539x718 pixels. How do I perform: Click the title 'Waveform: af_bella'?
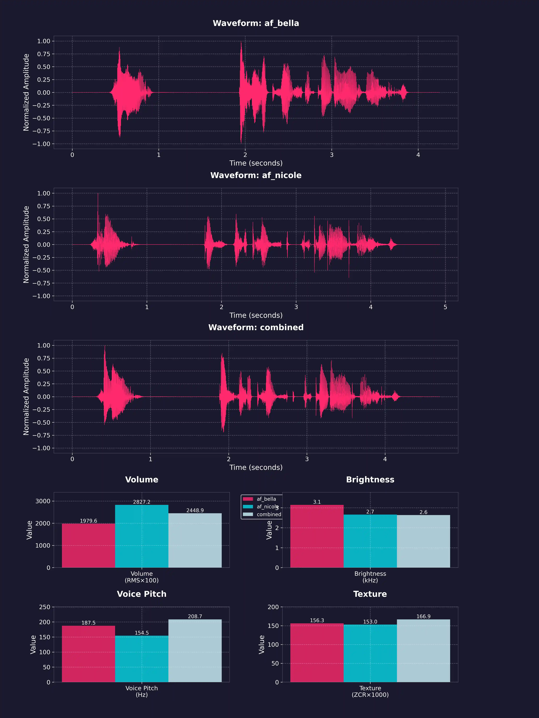point(256,23)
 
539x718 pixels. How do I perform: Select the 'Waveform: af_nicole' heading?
point(256,175)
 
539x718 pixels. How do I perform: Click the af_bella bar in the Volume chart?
point(88,545)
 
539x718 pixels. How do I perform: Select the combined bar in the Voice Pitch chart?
point(195,651)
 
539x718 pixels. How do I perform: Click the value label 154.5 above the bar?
point(142,633)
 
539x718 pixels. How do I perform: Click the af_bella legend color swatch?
point(248,499)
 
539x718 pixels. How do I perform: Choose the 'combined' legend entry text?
point(269,514)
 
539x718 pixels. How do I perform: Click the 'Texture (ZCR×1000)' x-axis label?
point(370,691)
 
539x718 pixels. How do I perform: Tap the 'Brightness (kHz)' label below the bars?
point(370,577)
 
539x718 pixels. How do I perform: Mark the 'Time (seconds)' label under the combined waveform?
point(256,467)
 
